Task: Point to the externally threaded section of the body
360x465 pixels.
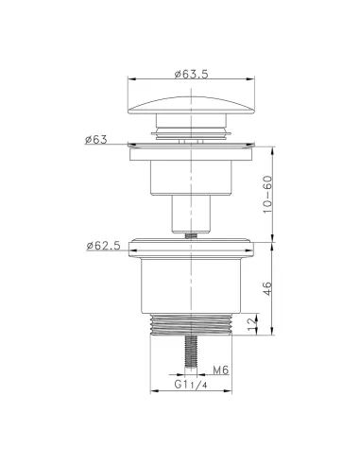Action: pyautogui.click(x=190, y=326)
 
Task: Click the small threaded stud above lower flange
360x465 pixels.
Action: pyautogui.click(x=190, y=233)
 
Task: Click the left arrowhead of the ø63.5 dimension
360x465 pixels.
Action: pyautogui.click(x=129, y=83)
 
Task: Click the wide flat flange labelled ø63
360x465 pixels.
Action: pyautogui.click(x=190, y=146)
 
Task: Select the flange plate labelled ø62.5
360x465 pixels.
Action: pyautogui.click(x=190, y=250)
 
